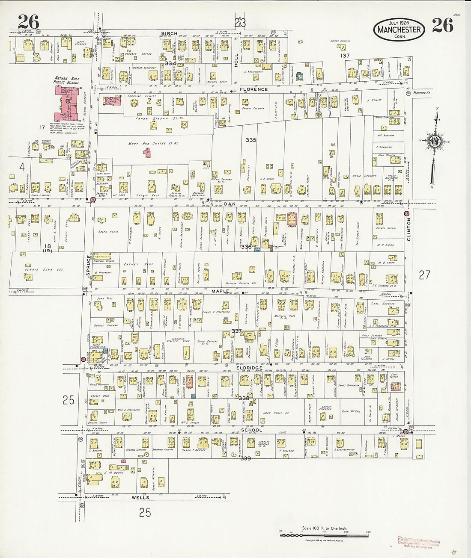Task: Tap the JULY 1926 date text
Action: pyautogui.click(x=399, y=22)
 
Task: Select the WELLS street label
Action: pyautogui.click(x=140, y=498)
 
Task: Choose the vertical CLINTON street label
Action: pyautogui.click(x=408, y=229)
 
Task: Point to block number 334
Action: pyautogui.click(x=170, y=63)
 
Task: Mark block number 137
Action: pyautogui.click(x=345, y=56)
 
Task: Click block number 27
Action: pyautogui.click(x=424, y=275)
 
